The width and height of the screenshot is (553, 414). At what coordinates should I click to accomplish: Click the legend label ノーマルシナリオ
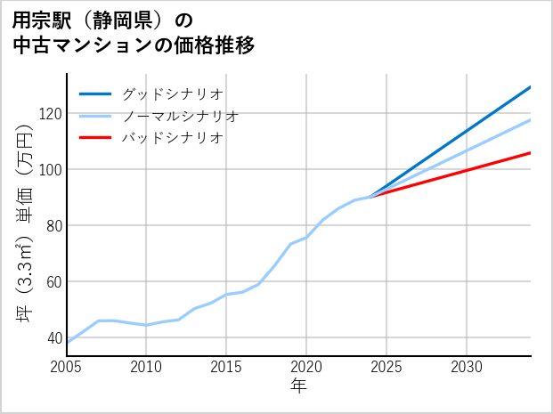coord(180,116)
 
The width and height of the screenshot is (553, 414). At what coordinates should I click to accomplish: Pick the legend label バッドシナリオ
coord(172,138)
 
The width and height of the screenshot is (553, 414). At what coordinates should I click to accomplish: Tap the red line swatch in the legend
coord(95,138)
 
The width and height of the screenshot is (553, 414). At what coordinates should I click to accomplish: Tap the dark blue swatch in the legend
coord(95,93)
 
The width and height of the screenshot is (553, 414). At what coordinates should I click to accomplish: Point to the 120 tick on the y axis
coord(50,114)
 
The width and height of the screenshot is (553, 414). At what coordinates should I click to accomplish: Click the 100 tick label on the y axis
coord(50,170)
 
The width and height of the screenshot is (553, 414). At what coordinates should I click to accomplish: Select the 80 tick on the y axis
coord(53,226)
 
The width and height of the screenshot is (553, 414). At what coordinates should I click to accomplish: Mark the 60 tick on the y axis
coord(53,282)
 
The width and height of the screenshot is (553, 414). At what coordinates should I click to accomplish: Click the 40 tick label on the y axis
coord(53,338)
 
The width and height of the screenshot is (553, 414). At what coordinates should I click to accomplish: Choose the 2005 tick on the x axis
coord(66,367)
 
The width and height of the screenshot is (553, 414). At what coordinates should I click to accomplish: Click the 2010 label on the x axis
coord(146,367)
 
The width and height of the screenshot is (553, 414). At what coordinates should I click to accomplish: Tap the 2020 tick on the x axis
coord(306,367)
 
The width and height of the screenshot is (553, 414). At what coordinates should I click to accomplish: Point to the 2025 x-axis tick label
coord(386,367)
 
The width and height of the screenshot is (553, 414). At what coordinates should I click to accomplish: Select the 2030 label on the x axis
coord(467,367)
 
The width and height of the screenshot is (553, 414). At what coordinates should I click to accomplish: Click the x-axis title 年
coord(298,387)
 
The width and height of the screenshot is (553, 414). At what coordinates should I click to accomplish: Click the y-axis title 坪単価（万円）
coord(25,223)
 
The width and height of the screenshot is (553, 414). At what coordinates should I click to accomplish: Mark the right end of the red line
coord(530,153)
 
